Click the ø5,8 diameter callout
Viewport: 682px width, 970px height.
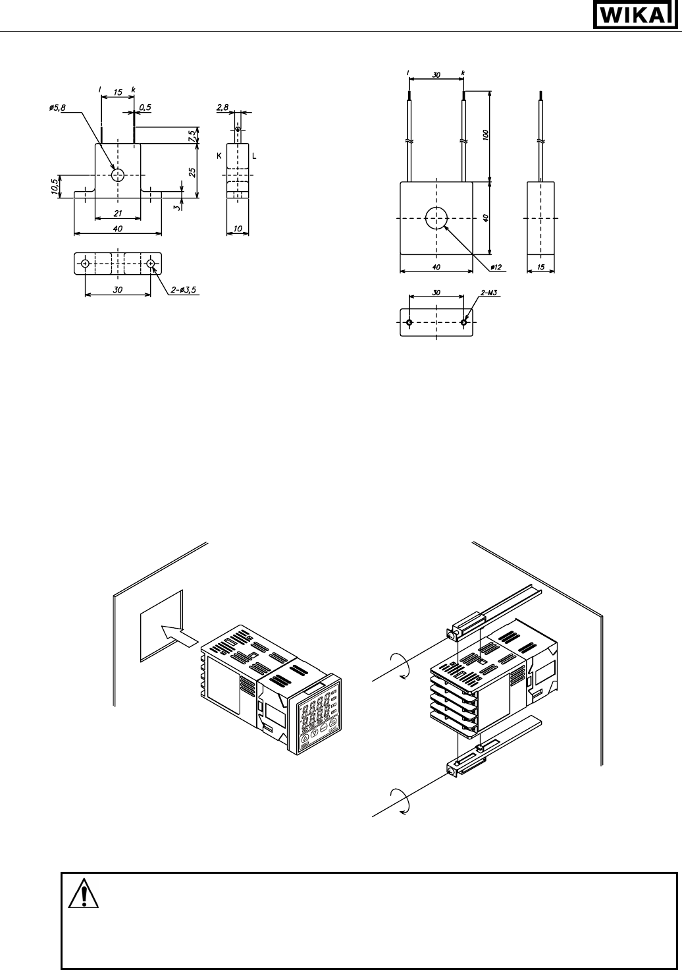coord(57,107)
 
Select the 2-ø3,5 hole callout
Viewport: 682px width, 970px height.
coord(184,290)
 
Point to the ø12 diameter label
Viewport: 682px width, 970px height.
coord(496,267)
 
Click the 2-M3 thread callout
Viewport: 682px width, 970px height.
coord(489,293)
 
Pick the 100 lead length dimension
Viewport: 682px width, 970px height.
coord(485,134)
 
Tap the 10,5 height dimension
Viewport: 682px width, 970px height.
coord(55,186)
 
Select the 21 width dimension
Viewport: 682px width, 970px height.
coord(118,213)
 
